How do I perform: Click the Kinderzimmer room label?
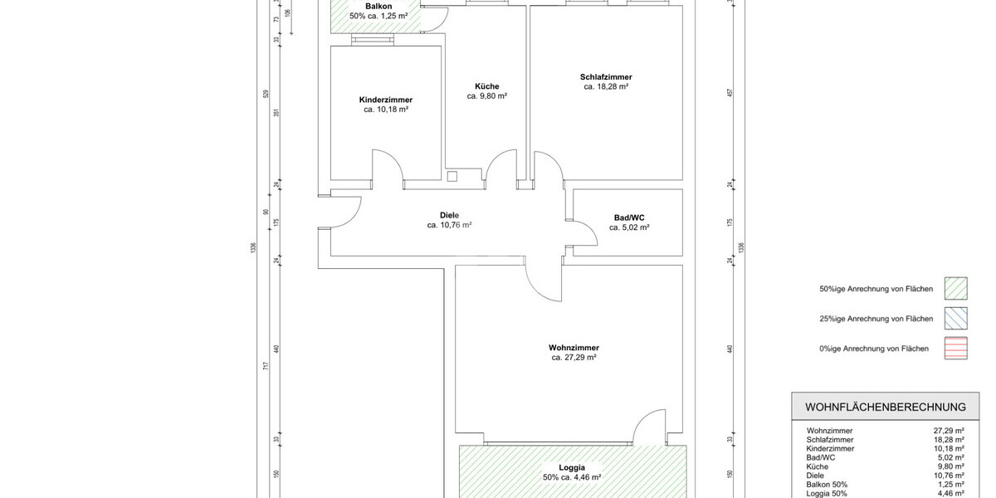pyautogui.click(x=385, y=100)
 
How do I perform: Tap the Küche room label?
pyautogui.click(x=486, y=86)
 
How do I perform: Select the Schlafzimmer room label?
pyautogui.click(x=606, y=77)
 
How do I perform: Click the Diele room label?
pyautogui.click(x=449, y=215)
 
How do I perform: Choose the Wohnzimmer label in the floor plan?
pyautogui.click(x=574, y=348)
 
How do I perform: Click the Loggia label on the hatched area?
pyautogui.click(x=572, y=468)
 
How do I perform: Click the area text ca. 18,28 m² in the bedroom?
pyautogui.click(x=606, y=86)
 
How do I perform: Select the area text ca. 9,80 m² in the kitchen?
pyautogui.click(x=486, y=96)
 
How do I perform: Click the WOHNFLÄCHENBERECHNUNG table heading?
pyautogui.click(x=886, y=408)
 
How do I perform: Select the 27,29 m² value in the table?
pyautogui.click(x=948, y=432)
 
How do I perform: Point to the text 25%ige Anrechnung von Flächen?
pyautogui.click(x=876, y=319)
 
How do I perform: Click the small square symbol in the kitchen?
pyautogui.click(x=452, y=176)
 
